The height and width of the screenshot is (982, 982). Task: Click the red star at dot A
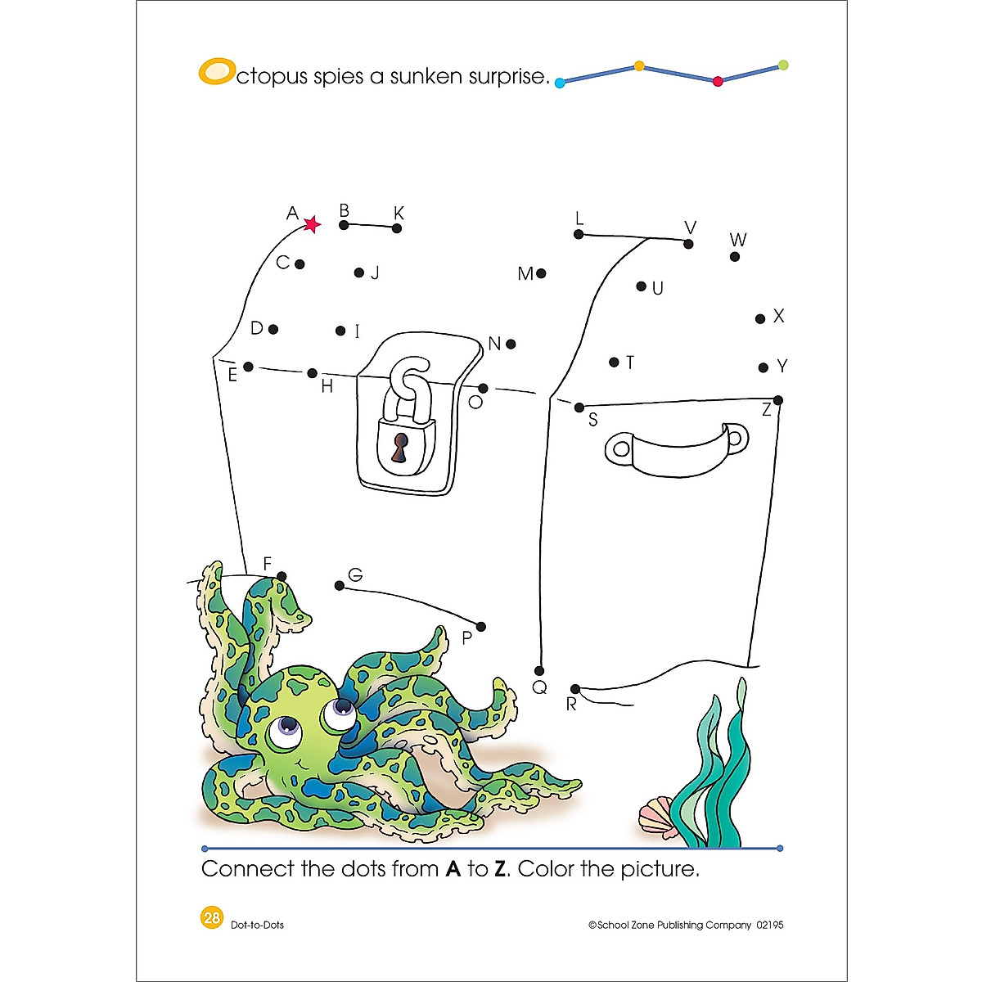[312, 224]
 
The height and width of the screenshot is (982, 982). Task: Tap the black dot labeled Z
[777, 400]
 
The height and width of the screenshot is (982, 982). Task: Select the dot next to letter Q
[540, 671]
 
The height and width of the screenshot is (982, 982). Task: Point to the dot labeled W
[735, 257]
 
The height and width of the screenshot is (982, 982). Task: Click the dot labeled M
[541, 273]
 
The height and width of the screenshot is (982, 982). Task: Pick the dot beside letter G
[340, 585]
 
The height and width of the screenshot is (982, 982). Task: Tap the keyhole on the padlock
[399, 448]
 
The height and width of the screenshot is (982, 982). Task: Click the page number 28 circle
[211, 917]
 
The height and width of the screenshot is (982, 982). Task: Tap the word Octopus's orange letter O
[215, 72]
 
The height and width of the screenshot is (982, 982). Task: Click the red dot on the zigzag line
[718, 81]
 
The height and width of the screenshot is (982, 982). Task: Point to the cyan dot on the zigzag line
[560, 83]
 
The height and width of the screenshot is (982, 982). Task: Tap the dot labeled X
[760, 318]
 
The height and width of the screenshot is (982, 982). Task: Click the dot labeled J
[359, 273]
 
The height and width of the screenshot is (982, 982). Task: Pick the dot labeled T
[614, 362]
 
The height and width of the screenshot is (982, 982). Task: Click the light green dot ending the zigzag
[783, 65]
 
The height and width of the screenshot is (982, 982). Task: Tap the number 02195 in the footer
[770, 925]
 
